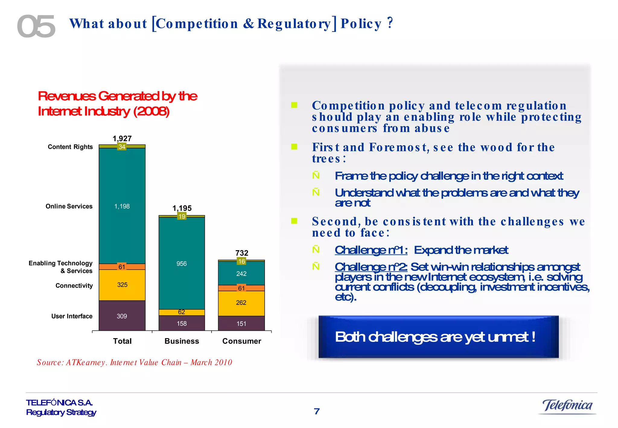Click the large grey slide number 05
coord(36,27)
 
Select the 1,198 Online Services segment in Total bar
coord(122,206)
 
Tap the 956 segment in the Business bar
coord(181,264)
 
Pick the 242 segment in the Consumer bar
coord(241,273)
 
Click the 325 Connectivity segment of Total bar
coord(122,285)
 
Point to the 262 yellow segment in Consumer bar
coord(241,302)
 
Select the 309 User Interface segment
coord(122,316)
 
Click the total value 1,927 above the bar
coord(122,139)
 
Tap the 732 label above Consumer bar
coord(242,253)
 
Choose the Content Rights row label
coord(70,147)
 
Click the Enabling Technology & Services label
coord(61,267)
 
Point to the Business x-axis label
coord(182,341)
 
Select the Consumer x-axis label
coord(241,341)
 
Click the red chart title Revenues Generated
coord(117,104)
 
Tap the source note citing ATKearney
coord(134,362)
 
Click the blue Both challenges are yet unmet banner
coord(438,337)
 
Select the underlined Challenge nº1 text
coord(371,250)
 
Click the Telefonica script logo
coord(567,405)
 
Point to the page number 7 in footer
coord(317,411)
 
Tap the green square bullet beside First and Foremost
coord(294,147)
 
